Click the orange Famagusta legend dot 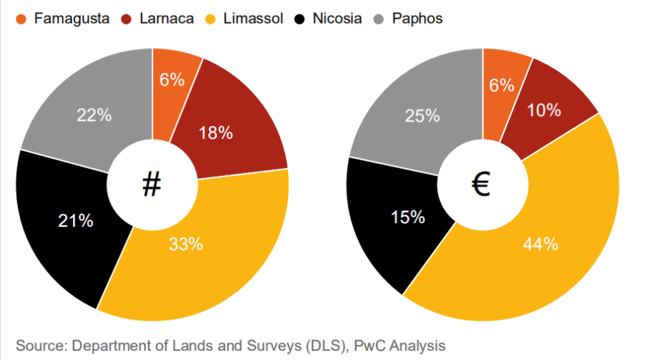click(21, 19)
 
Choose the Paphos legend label click(417, 19)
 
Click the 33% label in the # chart click(185, 244)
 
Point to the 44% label click(541, 244)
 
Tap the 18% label click(216, 132)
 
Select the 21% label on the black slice click(76, 221)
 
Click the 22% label click(94, 115)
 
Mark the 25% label click(422, 115)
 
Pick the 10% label click(543, 110)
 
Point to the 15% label click(408, 215)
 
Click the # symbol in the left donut click(151, 185)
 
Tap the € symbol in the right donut click(481, 185)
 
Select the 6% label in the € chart click(502, 85)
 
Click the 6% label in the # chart click(172, 79)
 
